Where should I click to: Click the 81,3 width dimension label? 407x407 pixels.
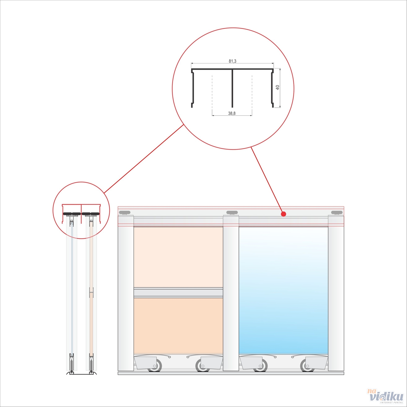point(232,61)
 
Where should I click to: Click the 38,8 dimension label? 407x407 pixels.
point(232,113)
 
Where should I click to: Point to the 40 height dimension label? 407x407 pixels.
point(278,87)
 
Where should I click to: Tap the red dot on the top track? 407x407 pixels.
point(284,214)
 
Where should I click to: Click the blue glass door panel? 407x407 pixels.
point(283,290)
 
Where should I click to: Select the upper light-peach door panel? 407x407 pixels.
point(178,257)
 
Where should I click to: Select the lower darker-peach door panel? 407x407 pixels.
point(178,326)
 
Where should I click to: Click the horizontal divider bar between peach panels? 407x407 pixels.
point(178,293)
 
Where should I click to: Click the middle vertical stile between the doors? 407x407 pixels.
point(231,293)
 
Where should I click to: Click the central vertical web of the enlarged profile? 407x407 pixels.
point(232,88)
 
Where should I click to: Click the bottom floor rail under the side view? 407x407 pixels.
point(82,373)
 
